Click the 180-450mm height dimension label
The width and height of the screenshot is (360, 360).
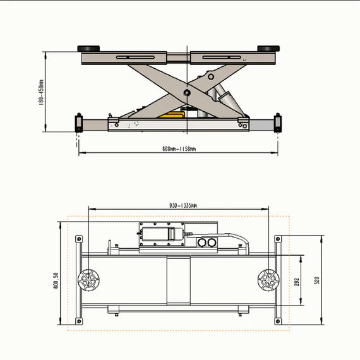click(x=40, y=92)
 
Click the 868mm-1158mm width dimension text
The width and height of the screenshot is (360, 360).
click(x=179, y=149)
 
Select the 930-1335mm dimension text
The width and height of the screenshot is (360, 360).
click(x=179, y=205)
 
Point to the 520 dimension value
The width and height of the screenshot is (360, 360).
click(x=317, y=280)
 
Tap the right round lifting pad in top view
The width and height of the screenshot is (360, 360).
click(x=268, y=280)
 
